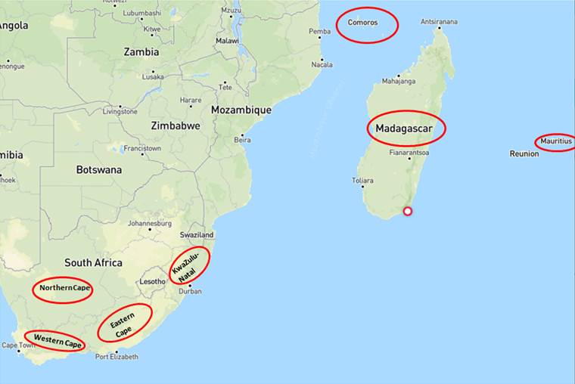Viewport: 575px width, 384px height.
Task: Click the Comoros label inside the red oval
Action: pos(362,23)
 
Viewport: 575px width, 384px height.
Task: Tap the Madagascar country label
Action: pos(406,129)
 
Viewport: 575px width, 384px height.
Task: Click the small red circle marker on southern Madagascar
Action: pos(408,211)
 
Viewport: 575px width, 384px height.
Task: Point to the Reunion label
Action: pos(524,153)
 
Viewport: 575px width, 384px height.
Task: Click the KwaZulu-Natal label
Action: pos(185,267)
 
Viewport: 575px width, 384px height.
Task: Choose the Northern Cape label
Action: pos(62,289)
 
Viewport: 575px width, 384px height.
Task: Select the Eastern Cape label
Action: pos(123,324)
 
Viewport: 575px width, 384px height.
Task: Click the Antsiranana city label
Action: pos(439,22)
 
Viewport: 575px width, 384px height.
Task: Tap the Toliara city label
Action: pos(363,181)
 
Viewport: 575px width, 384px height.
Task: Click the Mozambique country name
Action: pos(241,110)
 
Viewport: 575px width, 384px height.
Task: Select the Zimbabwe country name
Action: pos(175,126)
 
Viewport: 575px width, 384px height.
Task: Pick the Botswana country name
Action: pos(98,170)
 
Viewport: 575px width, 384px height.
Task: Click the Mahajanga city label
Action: pos(399,80)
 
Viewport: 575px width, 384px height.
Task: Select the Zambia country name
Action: pos(141,52)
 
